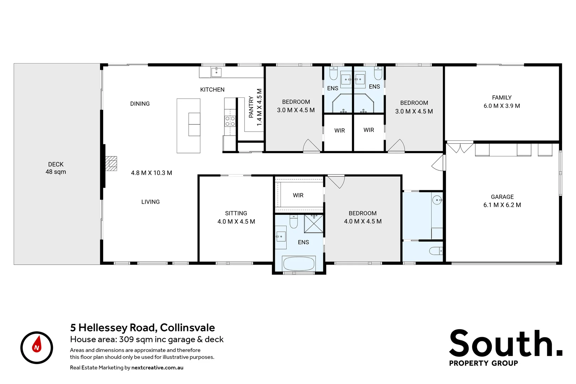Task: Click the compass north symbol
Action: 37,347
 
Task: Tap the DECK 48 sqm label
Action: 56,168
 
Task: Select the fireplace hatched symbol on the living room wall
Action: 111,164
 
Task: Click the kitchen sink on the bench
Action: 216,72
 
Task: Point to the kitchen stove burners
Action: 230,121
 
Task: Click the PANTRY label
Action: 251,107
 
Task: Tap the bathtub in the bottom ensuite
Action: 299,264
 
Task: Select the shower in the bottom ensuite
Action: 314,224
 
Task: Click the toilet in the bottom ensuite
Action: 294,222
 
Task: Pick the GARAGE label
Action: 502,197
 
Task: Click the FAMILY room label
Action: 502,98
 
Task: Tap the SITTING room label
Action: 236,213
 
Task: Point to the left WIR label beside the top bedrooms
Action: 340,130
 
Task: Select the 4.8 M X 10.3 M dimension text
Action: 151,173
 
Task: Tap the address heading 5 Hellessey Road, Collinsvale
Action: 143,327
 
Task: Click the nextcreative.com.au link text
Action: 157,368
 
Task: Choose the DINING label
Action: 140,104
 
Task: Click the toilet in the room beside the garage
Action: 436,251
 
